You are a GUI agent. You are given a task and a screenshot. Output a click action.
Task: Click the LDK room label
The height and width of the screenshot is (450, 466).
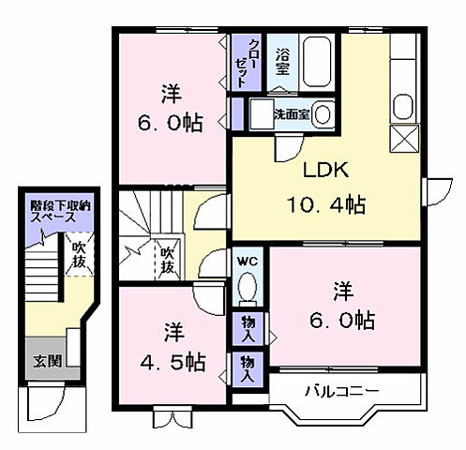(325, 171)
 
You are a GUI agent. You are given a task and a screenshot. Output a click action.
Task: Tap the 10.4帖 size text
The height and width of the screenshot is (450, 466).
(325, 203)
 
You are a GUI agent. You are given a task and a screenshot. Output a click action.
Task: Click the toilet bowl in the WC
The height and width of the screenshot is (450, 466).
(248, 288)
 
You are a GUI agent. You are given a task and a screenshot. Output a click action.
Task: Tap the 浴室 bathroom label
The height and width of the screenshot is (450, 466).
(281, 61)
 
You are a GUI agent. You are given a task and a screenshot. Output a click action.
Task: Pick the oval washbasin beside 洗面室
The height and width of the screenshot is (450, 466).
(323, 114)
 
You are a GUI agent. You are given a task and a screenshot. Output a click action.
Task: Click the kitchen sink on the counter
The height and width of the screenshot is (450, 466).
(404, 104)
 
